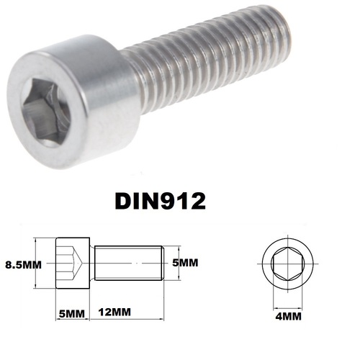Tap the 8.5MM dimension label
pyautogui.click(x=22, y=264)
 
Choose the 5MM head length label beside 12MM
pyautogui.click(x=71, y=314)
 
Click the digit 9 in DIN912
pyautogui.click(x=177, y=199)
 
